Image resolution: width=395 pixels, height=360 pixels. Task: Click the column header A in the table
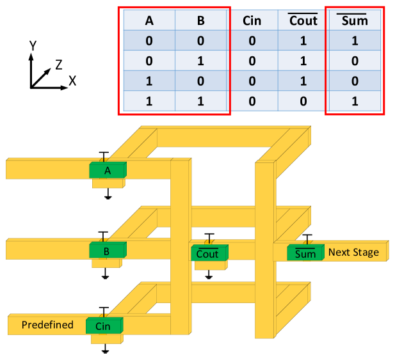[149, 20]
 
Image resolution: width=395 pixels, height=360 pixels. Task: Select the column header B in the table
[200, 20]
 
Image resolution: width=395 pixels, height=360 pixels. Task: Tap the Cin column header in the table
[252, 20]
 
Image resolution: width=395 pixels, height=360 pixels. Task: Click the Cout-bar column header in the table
[303, 20]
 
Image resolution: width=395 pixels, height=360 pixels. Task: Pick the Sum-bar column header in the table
[355, 20]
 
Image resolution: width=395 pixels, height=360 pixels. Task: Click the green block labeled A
[108, 170]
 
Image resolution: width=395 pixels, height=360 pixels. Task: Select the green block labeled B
[107, 251]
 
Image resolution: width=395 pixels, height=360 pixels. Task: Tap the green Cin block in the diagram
[103, 326]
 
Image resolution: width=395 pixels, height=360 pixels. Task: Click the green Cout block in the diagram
[207, 253]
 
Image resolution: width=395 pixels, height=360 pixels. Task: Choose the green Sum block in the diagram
[305, 253]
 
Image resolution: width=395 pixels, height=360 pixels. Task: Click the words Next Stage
[353, 252]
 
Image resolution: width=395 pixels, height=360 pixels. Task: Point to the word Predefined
[47, 325]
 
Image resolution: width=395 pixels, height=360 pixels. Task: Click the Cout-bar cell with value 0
[303, 100]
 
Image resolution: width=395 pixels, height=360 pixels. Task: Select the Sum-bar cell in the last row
[355, 100]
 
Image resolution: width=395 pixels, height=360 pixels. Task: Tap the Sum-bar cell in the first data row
[355, 41]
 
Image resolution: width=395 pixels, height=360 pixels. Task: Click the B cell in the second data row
[200, 61]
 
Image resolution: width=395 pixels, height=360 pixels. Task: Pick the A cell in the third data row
[149, 81]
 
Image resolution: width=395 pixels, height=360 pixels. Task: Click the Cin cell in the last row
[252, 100]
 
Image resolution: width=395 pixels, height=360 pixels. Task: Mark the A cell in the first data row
[149, 41]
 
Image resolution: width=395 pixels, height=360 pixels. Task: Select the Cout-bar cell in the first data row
[303, 41]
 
